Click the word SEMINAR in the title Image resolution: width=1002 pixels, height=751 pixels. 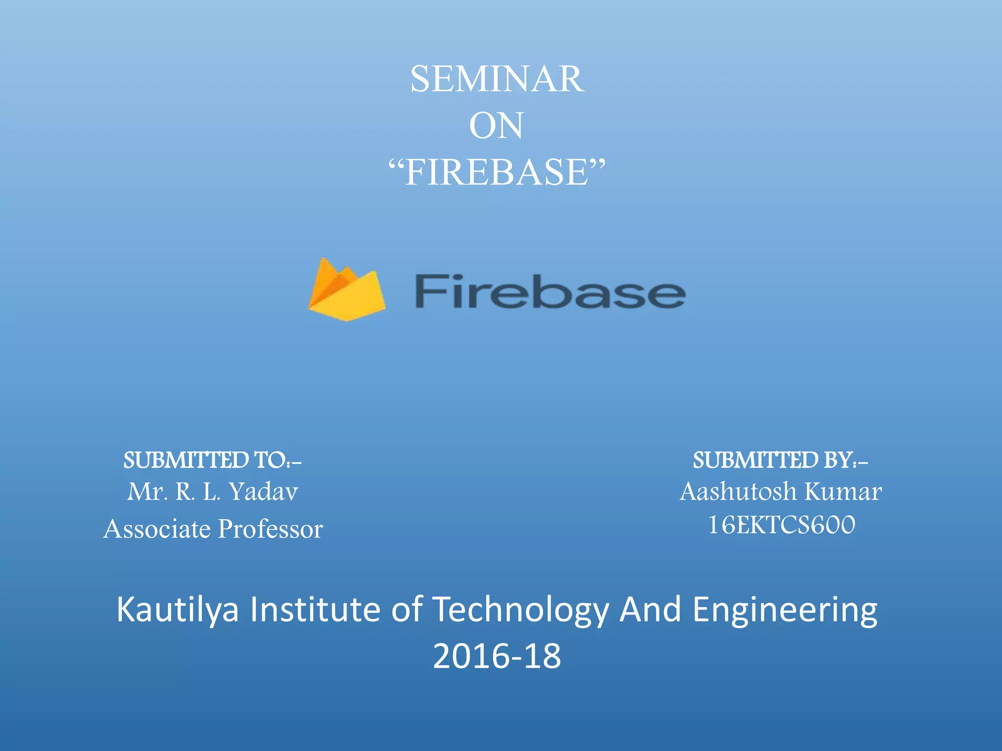tap(497, 79)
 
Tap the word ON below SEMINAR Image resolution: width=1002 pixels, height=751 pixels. tap(496, 126)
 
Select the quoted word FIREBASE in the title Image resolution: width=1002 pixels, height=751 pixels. tap(497, 173)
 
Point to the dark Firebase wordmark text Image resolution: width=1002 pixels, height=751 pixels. tap(549, 292)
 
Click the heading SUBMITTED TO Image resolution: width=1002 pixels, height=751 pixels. tap(212, 460)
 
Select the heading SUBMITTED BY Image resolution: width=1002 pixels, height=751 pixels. tap(780, 460)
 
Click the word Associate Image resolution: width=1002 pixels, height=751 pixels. tap(157, 529)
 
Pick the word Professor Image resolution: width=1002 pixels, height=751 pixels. tap(271, 529)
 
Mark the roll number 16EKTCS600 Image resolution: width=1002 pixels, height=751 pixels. tap(781, 525)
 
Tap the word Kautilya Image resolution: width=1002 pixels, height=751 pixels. tap(178, 610)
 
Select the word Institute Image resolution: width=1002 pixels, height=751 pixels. tap(315, 609)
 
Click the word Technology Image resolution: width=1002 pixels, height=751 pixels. tap(522, 610)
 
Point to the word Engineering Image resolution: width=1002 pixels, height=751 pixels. tap(785, 610)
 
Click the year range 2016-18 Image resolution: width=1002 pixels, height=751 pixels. tap(497, 656)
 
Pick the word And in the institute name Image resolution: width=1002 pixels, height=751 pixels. tap(650, 609)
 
